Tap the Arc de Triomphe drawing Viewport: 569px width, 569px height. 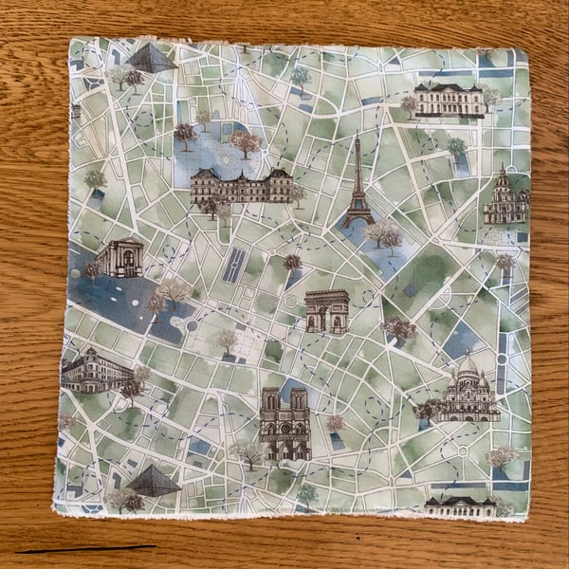coord(327,311)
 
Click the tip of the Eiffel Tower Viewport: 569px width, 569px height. coord(358,138)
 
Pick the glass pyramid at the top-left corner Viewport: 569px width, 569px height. coord(150,59)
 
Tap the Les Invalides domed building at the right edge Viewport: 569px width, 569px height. coord(505,199)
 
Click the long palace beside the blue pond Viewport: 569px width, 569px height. coord(241,186)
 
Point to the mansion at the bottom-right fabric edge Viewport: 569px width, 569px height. coord(460,505)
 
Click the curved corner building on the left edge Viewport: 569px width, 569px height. coord(95,370)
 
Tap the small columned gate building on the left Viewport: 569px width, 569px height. coord(121,258)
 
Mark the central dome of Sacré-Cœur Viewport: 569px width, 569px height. coord(468,366)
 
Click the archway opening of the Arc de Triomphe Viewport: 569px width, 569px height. coord(327,320)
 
